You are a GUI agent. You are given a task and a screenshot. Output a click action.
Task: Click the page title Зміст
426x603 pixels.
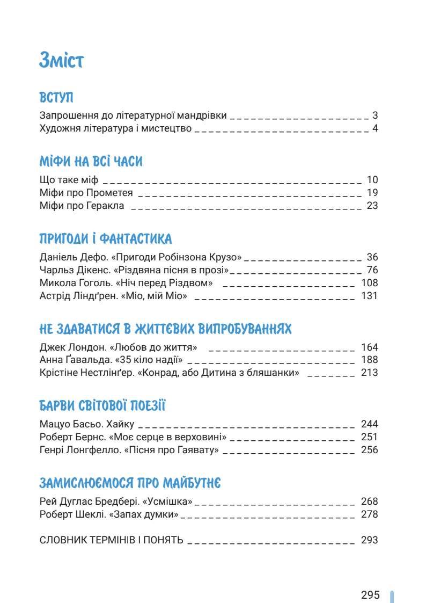[x=61, y=60]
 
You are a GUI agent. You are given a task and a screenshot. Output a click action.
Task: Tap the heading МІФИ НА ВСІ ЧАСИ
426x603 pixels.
[x=91, y=162]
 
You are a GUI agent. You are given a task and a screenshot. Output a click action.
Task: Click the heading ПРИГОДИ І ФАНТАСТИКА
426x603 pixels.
[x=106, y=239]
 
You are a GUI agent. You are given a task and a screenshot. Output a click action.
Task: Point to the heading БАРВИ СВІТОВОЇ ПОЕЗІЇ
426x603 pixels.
[x=102, y=406]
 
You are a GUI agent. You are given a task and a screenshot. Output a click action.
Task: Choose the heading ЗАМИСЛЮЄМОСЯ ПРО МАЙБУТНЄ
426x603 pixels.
[x=130, y=483]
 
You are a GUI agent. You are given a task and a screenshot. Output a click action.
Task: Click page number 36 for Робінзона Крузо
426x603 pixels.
[x=372, y=257]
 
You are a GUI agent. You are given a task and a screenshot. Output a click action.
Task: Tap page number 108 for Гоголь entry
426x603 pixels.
[x=370, y=283]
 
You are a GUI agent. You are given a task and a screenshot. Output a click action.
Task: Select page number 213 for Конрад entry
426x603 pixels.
[x=370, y=373]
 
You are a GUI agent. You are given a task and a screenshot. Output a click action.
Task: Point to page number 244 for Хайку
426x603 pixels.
[x=370, y=424]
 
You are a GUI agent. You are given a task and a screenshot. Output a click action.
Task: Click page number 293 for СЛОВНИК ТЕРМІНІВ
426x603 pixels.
[x=370, y=540]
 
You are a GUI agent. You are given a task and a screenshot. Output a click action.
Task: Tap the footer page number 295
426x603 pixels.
[x=370, y=595]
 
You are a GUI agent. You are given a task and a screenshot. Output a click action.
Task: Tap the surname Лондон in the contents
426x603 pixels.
[x=84, y=347]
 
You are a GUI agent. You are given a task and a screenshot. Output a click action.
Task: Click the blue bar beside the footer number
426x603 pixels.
[x=392, y=596]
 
